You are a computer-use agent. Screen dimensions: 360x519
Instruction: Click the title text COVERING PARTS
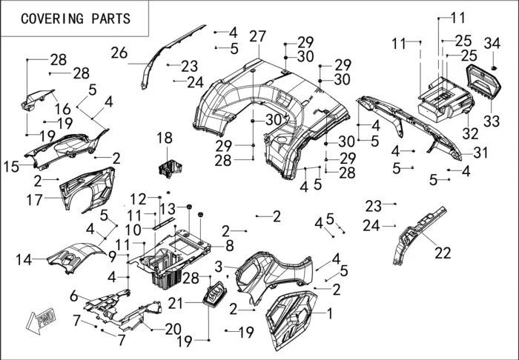[x=75, y=19]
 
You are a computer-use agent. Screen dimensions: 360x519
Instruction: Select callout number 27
[x=257, y=36]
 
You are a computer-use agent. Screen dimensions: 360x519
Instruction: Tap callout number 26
[x=119, y=52]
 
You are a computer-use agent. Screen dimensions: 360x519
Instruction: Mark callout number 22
[x=443, y=253]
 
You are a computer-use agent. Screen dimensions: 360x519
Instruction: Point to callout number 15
[x=11, y=167]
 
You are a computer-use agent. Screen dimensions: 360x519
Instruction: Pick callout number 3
[x=219, y=266]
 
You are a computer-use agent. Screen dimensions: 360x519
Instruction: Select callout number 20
[x=172, y=328]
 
